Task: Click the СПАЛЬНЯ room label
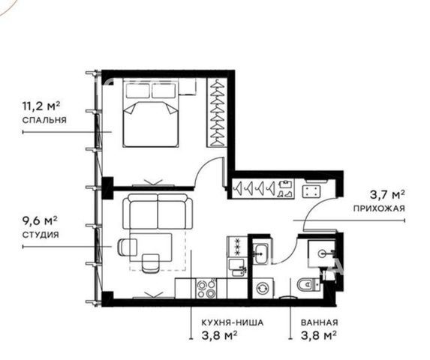point(44,120)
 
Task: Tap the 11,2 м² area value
point(41,106)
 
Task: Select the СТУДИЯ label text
point(41,235)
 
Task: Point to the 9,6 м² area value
point(40,220)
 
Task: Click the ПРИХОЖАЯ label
point(379,208)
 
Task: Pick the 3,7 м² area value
point(387,195)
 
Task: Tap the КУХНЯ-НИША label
point(233,322)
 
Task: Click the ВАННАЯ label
point(320,322)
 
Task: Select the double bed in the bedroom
point(151,113)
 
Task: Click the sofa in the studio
point(158,211)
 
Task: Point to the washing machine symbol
point(263,288)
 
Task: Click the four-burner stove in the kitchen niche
point(206,289)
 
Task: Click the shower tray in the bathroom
point(322,253)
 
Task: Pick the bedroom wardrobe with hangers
point(217,112)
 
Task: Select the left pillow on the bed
point(138,91)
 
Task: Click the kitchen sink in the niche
point(237,268)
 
